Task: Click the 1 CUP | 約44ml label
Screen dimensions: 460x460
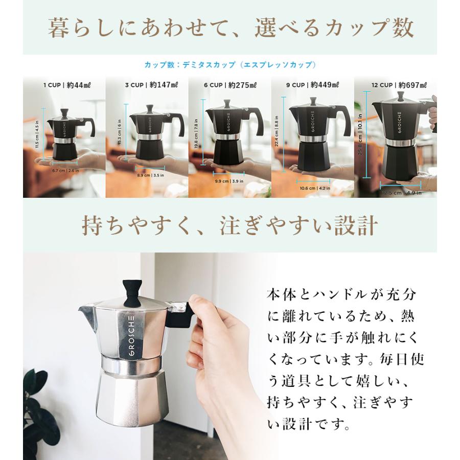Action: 64,85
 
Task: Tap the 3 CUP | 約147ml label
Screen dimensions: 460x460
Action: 147,85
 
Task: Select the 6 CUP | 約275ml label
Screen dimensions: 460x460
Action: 229,85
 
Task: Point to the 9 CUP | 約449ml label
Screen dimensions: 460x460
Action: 312,85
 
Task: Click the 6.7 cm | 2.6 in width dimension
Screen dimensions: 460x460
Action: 64,171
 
